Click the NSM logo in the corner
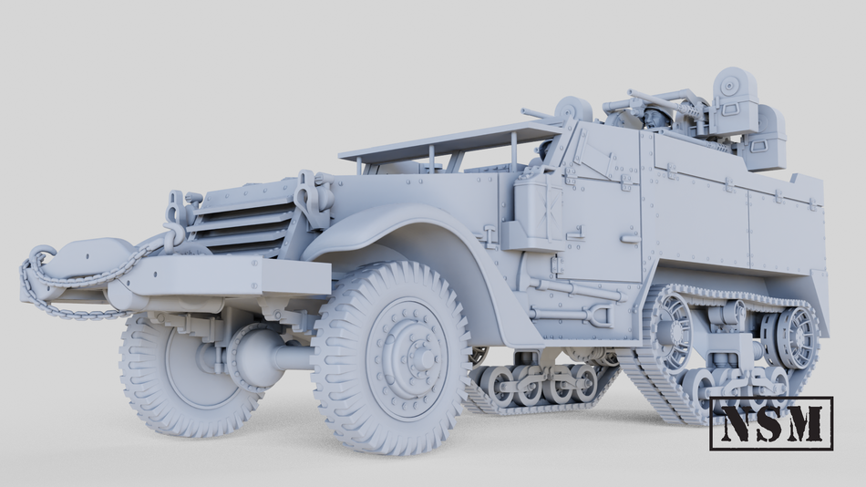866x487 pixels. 771,423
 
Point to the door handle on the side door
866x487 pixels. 630,238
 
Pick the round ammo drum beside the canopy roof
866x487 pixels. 574,110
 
